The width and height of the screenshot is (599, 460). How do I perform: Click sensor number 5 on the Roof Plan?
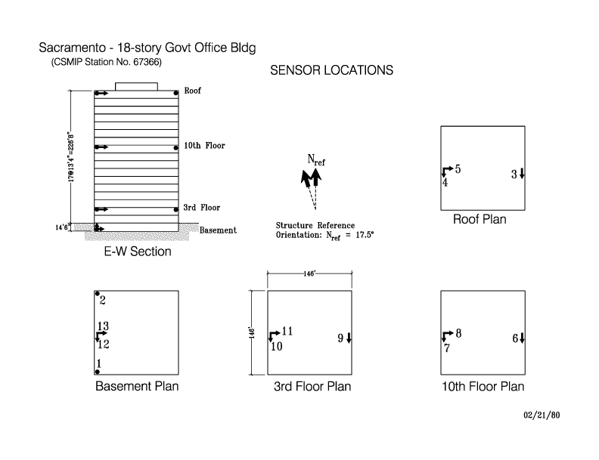click(458, 169)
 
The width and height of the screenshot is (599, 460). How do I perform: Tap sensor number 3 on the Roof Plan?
click(514, 174)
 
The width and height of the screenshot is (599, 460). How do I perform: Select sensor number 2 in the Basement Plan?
click(102, 301)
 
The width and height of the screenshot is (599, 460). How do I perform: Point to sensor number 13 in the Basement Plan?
click(104, 326)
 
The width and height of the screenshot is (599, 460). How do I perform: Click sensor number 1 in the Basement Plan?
click(98, 363)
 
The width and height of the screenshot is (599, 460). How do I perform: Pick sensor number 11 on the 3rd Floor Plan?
click(287, 331)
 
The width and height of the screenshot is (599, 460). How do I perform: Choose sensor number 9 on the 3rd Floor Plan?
click(341, 338)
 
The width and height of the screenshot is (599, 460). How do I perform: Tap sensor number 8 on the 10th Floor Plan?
click(458, 332)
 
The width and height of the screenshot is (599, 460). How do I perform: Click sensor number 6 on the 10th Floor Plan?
click(515, 338)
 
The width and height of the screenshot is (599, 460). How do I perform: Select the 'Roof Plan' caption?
click(480, 220)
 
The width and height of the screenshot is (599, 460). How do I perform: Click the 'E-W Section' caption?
click(137, 252)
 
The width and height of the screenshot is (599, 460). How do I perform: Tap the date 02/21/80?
click(542, 415)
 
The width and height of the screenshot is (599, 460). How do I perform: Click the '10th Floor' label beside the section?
click(204, 146)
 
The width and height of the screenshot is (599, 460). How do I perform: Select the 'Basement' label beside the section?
click(218, 230)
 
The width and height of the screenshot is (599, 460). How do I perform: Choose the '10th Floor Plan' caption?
click(483, 387)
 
